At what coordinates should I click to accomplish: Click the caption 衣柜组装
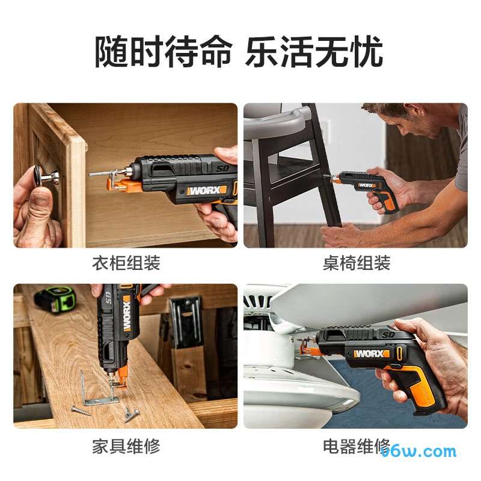pos(126,263)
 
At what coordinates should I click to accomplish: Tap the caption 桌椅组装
pos(356,263)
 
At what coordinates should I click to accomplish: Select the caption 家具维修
pos(126,446)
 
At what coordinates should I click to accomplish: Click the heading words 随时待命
pos(162,52)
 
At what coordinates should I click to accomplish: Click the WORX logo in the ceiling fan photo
pos(371,354)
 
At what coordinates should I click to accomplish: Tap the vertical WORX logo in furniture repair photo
pos(127,314)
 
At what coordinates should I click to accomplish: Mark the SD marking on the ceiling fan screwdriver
pos(387,334)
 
